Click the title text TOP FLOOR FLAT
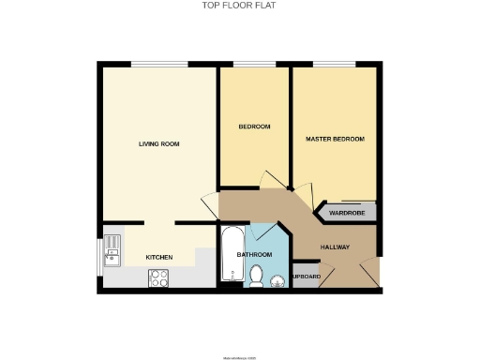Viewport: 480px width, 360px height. point(239,5)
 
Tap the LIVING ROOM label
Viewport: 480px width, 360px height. point(158,143)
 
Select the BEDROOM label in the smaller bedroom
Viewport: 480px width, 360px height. point(254,127)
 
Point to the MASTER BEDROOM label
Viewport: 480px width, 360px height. point(335,139)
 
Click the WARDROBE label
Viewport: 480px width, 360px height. point(346,213)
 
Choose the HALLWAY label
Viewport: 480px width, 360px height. point(335,247)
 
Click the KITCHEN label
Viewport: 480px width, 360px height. point(158,257)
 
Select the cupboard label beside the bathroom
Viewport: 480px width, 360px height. point(307,277)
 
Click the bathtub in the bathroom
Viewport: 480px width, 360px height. point(230,254)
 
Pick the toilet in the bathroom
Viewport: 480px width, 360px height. point(256,275)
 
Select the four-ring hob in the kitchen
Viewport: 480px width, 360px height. point(158,277)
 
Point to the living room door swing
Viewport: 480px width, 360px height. point(208,204)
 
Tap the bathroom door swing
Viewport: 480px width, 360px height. point(265,232)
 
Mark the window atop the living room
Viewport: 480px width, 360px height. point(157,64)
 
